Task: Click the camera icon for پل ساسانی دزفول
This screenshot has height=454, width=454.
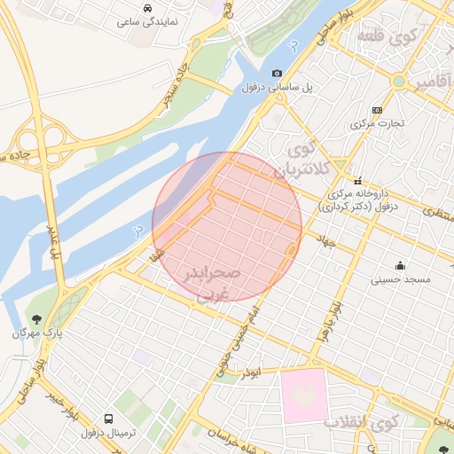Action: click(x=278, y=74)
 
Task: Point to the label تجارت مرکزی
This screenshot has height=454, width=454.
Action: click(x=377, y=123)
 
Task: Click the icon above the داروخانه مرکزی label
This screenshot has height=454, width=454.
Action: click(x=358, y=180)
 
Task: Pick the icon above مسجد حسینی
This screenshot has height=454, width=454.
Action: click(x=401, y=264)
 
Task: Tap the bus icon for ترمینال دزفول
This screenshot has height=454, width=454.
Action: click(x=108, y=418)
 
